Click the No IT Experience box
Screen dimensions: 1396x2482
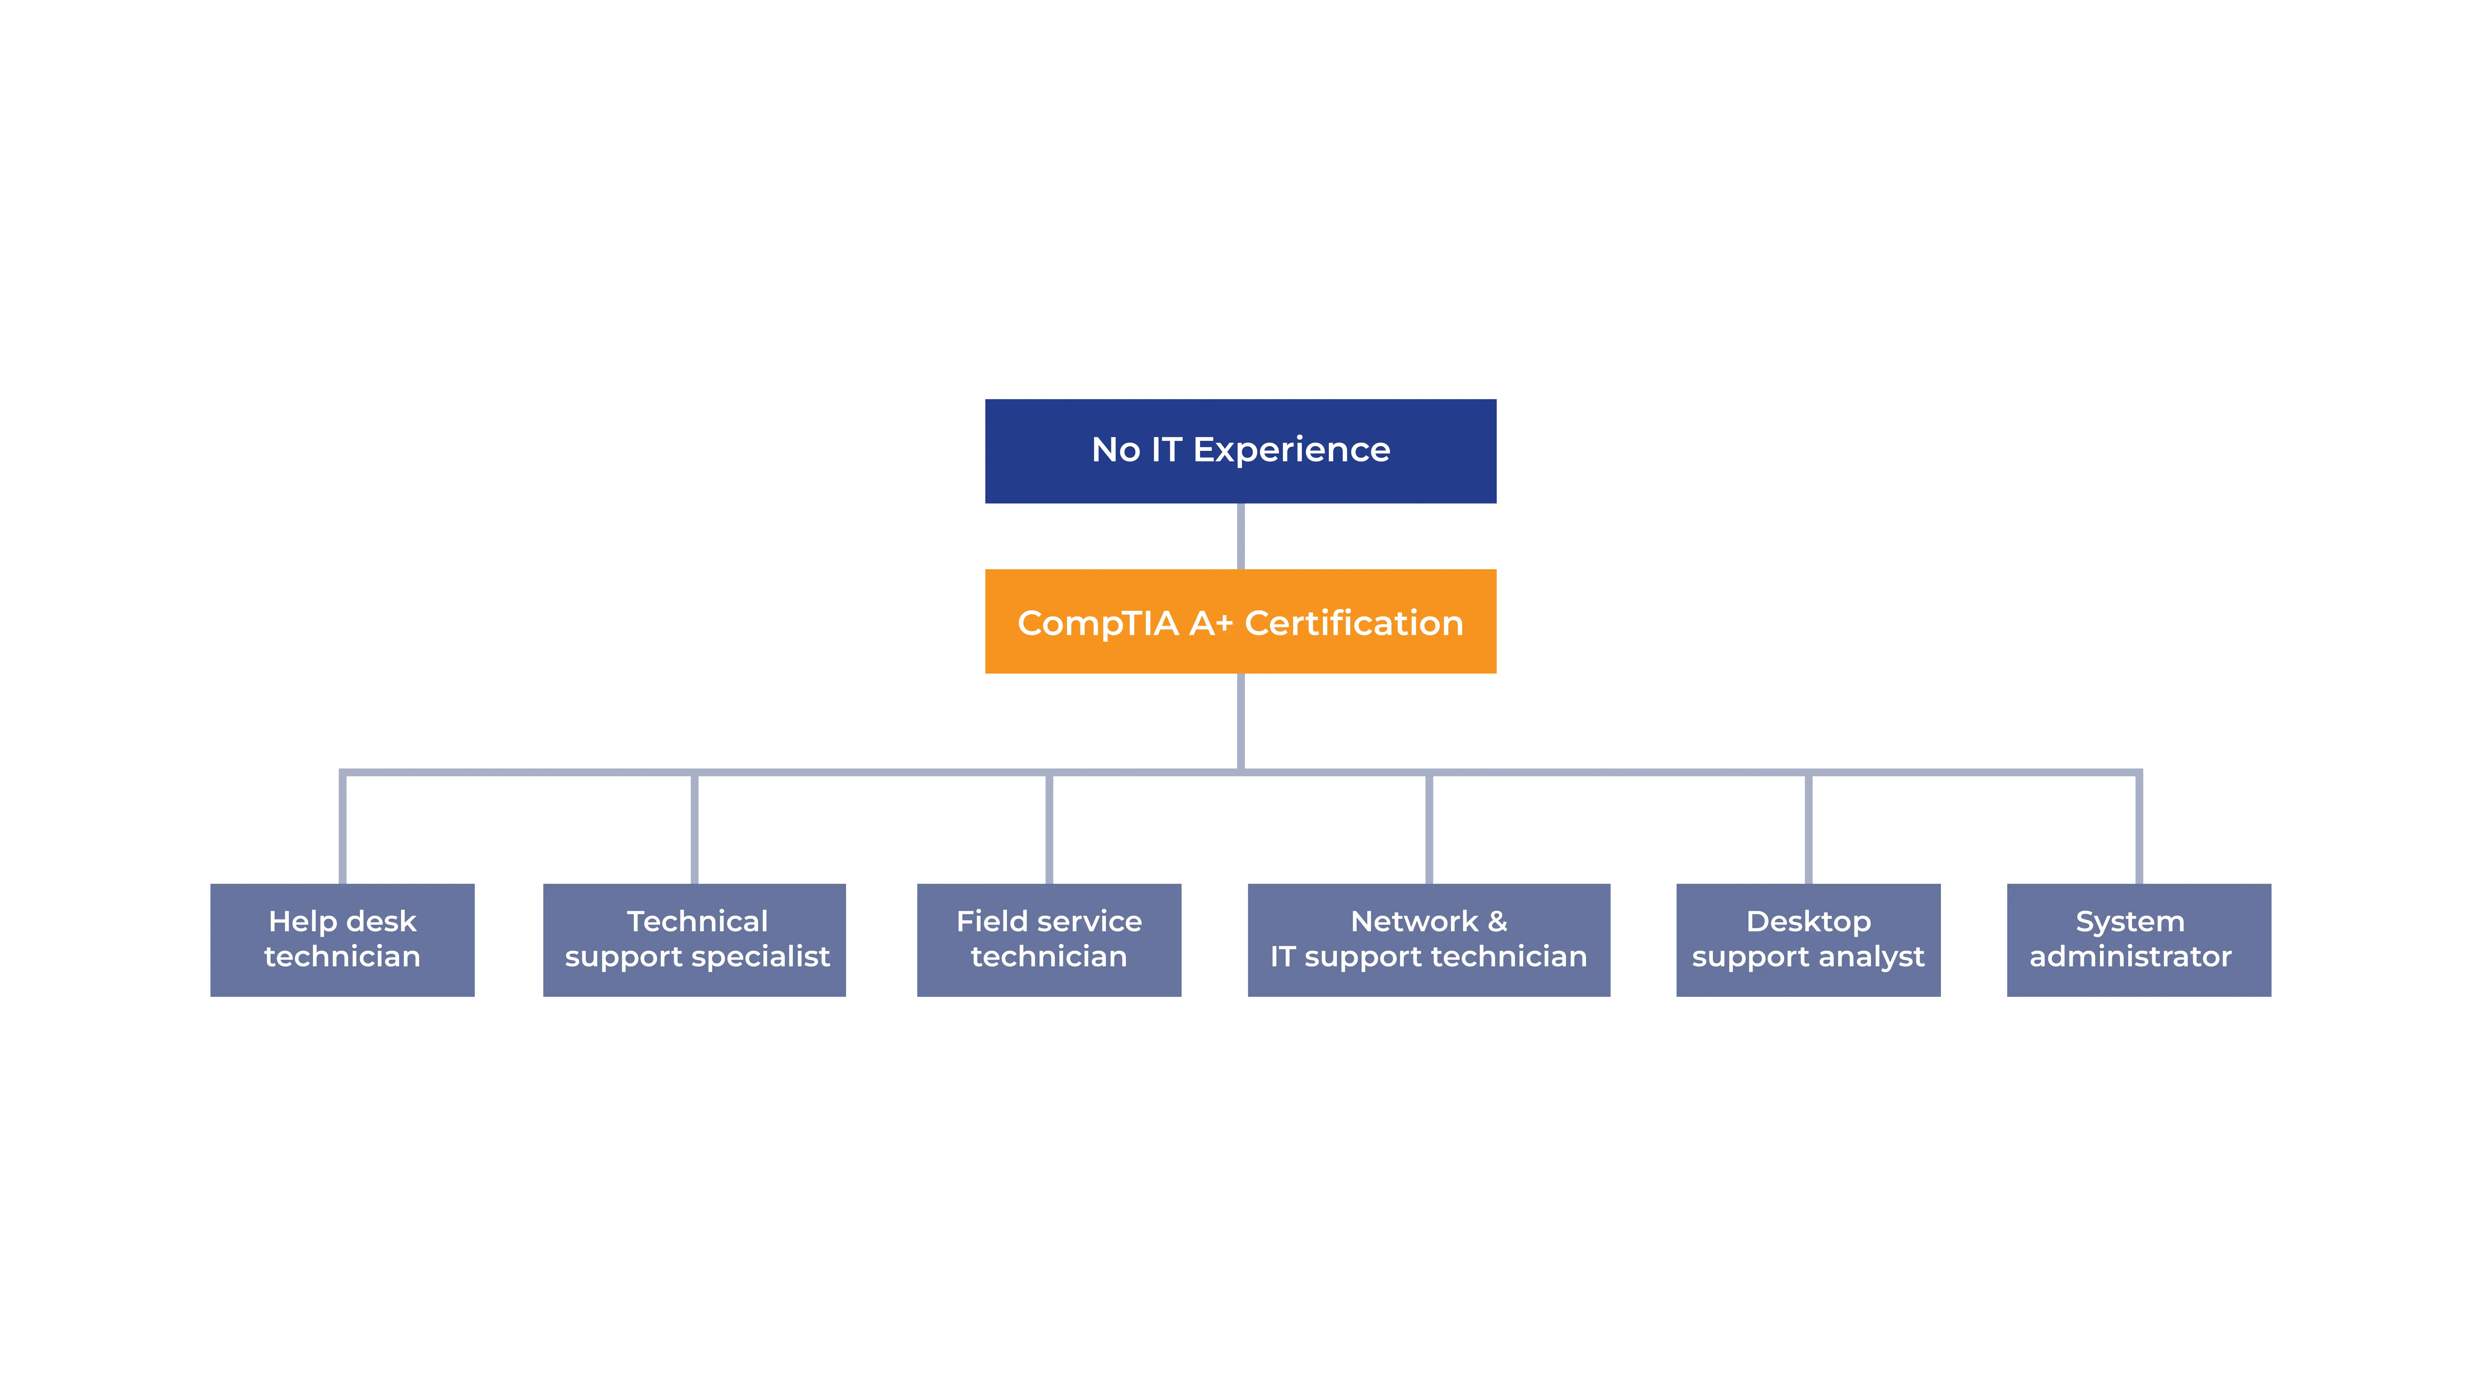tap(1240, 451)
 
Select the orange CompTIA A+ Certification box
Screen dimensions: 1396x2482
tap(1240, 621)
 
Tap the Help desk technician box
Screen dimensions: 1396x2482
tap(342, 939)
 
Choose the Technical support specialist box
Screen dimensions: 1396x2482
tap(694, 939)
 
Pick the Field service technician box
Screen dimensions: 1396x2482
tap(1048, 939)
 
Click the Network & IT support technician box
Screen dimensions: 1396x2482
tap(1428, 939)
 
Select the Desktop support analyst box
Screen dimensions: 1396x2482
tap(1808, 939)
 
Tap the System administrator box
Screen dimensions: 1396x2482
tap(2138, 939)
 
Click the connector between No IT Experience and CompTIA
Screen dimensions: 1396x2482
tap(1240, 536)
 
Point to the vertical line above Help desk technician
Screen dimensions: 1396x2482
tap(342, 829)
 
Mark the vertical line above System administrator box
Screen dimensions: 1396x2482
tap(2138, 829)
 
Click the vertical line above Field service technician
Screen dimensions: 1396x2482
tap(1048, 829)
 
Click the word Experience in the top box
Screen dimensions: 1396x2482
tap(1291, 450)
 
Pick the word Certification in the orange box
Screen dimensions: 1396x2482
tap(1354, 623)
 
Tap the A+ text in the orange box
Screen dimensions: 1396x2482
tap(1211, 623)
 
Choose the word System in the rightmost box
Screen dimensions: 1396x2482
tap(2129, 922)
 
